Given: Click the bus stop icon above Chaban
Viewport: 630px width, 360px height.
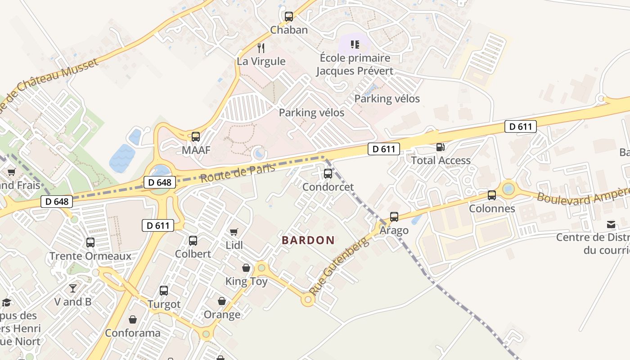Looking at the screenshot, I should [x=289, y=17].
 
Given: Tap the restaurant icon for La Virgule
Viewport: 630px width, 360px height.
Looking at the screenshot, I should [x=261, y=48].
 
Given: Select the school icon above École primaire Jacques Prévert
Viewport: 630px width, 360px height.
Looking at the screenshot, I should [x=355, y=45].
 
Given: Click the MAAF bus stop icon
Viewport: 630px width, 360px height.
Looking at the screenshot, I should [x=196, y=137].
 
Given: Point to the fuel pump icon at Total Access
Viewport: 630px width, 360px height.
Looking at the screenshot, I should [x=441, y=147].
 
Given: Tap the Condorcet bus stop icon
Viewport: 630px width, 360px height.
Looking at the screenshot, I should [x=328, y=173].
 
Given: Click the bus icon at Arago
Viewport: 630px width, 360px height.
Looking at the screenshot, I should [x=394, y=217].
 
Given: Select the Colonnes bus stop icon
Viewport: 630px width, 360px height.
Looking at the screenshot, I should [x=492, y=195].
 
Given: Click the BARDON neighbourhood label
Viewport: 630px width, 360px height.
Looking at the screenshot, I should [x=308, y=240].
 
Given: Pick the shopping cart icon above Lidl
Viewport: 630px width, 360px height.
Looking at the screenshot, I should [x=234, y=232].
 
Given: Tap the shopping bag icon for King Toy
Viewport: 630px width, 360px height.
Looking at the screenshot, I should [x=246, y=268].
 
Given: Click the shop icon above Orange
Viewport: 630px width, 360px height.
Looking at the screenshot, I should [x=222, y=301].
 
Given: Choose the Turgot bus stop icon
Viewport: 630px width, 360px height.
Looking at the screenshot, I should [x=164, y=291].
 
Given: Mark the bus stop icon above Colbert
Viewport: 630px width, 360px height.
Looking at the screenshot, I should [x=193, y=241].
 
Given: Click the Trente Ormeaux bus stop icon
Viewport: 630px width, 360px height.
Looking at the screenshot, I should [x=90, y=243].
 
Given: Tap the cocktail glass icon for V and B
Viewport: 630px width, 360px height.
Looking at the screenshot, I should [x=73, y=288].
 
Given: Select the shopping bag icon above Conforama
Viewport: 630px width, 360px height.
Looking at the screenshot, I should [x=133, y=319].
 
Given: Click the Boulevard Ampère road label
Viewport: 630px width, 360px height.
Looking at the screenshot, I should [x=583, y=194].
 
